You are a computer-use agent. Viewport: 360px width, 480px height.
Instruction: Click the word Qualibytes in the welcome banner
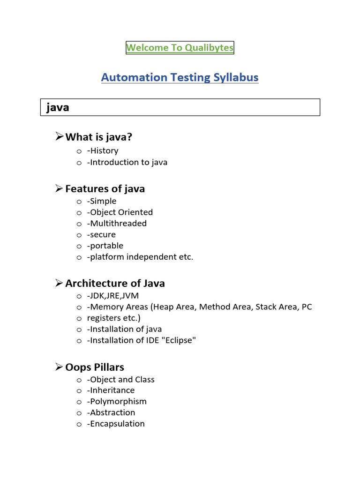209,47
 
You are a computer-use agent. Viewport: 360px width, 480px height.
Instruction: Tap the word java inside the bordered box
58,107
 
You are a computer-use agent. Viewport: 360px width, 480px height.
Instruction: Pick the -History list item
103,151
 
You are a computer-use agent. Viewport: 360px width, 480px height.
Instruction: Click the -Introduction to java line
127,163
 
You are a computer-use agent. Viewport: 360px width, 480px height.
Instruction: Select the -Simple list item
102,201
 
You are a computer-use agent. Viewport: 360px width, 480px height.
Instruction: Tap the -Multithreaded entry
117,224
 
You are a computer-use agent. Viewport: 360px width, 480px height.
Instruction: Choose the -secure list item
101,235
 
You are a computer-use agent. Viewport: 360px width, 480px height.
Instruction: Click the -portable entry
105,246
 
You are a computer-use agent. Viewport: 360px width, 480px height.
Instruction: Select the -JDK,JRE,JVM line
113,296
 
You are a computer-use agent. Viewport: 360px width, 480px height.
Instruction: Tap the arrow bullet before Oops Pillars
59,367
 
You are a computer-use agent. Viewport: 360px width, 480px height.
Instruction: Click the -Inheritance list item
111,390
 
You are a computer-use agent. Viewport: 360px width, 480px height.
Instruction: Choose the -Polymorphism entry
117,402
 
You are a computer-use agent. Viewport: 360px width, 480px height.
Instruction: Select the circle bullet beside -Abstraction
79,413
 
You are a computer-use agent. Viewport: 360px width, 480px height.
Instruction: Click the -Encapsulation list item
116,424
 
